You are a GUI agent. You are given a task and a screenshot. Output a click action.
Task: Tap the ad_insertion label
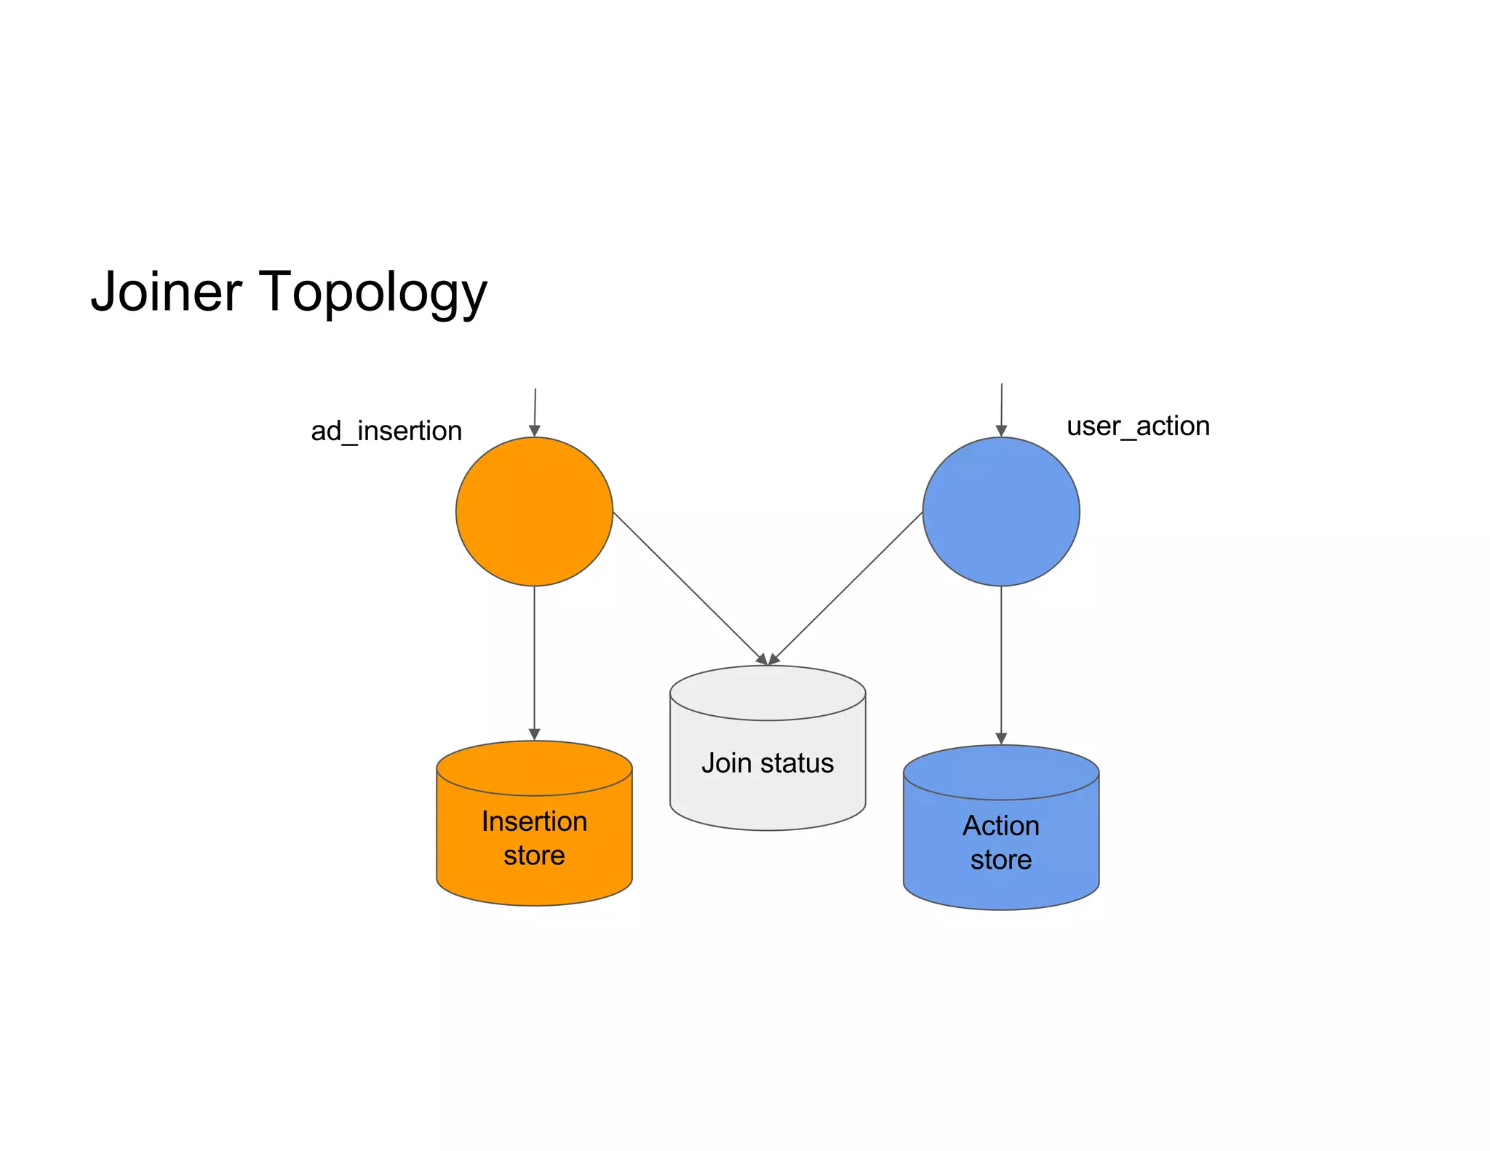point(386,431)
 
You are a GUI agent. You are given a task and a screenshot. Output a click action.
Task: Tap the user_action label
point(1138,426)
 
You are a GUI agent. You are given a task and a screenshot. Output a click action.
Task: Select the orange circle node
point(534,511)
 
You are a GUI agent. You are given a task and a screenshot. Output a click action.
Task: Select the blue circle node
point(1001,511)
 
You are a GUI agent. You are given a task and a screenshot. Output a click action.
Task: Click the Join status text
point(768,763)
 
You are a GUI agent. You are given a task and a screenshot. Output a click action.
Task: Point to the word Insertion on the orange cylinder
point(534,821)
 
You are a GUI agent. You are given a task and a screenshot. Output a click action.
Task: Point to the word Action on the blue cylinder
point(1001,826)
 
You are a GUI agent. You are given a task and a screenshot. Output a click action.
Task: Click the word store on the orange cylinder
point(534,856)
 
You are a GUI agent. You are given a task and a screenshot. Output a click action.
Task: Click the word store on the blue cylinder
point(1001,860)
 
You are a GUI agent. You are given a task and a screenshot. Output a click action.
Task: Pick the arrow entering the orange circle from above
point(535,411)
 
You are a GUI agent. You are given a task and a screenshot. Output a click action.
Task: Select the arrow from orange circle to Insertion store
point(534,662)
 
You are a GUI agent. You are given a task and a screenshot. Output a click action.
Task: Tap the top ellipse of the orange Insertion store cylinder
point(534,768)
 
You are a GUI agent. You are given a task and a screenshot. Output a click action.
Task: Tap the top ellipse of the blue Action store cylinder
point(1001,772)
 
